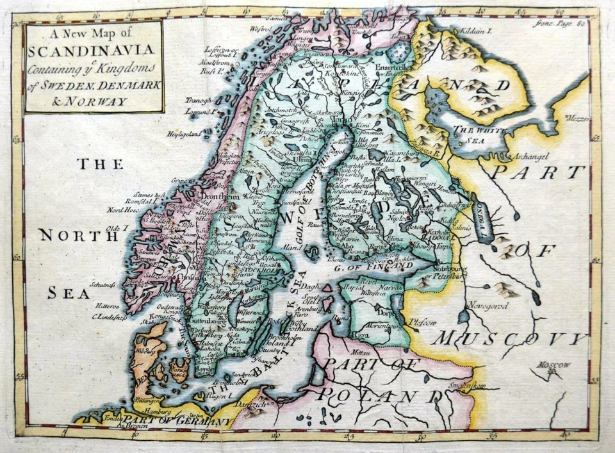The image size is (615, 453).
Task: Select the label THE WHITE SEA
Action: coord(475,135)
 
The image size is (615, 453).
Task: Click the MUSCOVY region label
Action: coord(509,338)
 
